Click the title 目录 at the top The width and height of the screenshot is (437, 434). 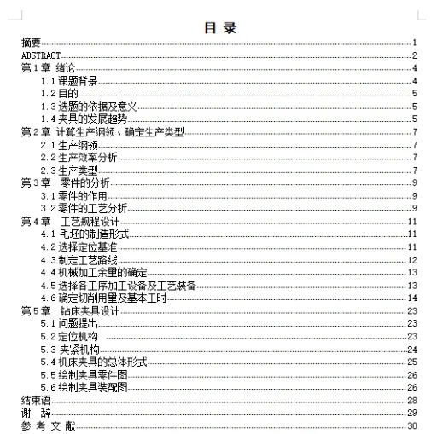point(219,26)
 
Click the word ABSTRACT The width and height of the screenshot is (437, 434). point(40,55)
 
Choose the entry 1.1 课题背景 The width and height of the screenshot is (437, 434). point(69,80)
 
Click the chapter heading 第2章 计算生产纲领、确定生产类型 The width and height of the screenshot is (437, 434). point(100,131)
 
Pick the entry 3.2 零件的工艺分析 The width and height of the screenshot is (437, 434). point(83,208)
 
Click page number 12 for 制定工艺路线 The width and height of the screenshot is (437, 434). point(411,259)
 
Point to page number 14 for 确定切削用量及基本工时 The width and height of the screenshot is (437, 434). point(411,298)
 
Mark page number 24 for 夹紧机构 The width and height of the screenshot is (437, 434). point(411,349)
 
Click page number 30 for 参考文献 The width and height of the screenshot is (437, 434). point(411,425)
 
